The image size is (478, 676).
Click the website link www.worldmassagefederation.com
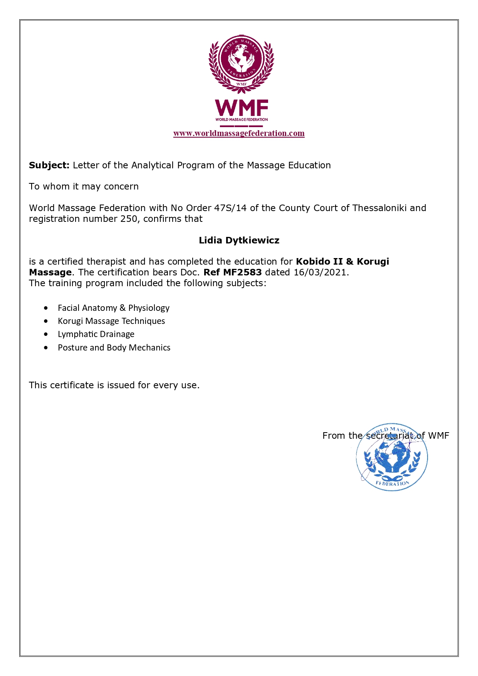pyautogui.click(x=239, y=133)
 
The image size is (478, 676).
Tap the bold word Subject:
pyautogui.click(x=49, y=165)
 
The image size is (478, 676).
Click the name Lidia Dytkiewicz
pyautogui.click(x=239, y=240)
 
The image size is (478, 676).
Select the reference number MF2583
pyautogui.click(x=242, y=272)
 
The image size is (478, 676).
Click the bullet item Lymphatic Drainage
pyautogui.click(x=96, y=334)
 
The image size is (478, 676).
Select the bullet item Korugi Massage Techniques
pyautogui.click(x=111, y=321)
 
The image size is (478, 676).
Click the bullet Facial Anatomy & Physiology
pyautogui.click(x=114, y=308)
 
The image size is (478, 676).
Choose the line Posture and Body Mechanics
pyautogui.click(x=114, y=348)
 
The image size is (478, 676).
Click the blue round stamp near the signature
pyautogui.click(x=392, y=458)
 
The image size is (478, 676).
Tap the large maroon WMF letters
pyautogui.click(x=242, y=108)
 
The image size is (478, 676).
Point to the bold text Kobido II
pyautogui.click(x=319, y=262)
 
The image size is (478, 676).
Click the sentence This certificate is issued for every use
pyautogui.click(x=114, y=385)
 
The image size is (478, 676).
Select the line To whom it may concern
pyautogui.click(x=84, y=186)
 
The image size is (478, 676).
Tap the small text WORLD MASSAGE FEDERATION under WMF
pyautogui.click(x=242, y=120)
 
